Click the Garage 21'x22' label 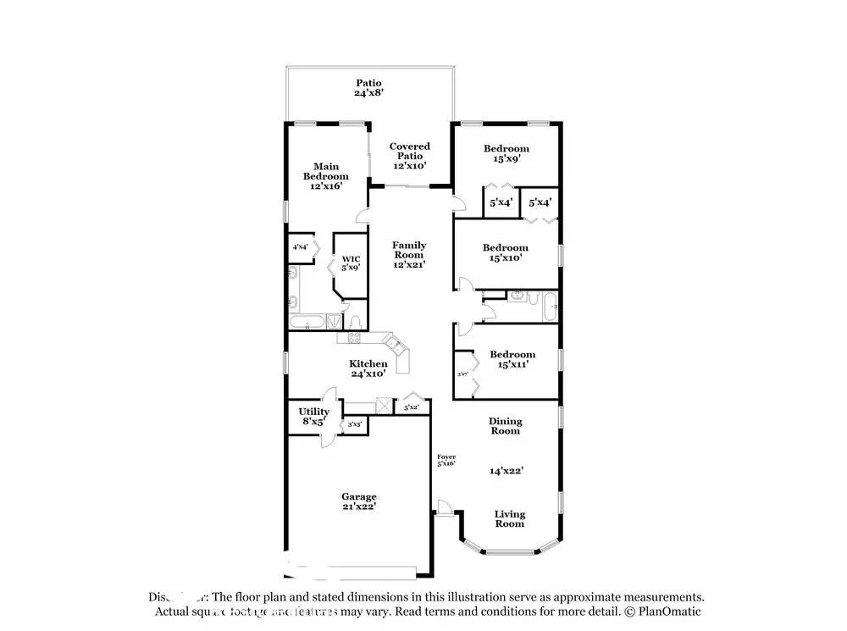[359, 501]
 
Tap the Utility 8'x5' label [313, 417]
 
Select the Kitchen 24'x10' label [368, 368]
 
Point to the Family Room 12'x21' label [409, 254]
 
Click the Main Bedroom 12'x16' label [326, 176]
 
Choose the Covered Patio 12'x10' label [410, 157]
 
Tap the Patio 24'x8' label [368, 88]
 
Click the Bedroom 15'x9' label [507, 153]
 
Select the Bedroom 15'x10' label [506, 252]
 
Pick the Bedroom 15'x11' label [512, 359]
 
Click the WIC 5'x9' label [351, 263]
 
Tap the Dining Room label [505, 426]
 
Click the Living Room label [510, 518]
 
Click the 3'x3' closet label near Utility [355, 425]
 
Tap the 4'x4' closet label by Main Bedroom [300, 247]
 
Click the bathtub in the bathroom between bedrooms [549, 306]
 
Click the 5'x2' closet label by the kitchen [411, 407]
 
